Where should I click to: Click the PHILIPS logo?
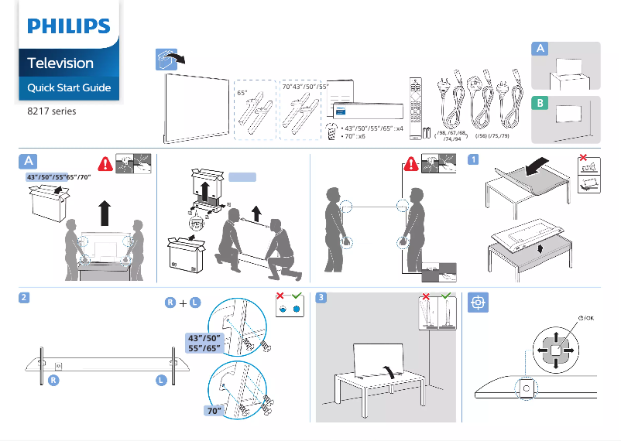click(69, 27)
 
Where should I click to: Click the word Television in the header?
click(60, 63)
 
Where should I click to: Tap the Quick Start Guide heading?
click(69, 87)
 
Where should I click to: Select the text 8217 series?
click(52, 111)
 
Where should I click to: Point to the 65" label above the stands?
click(242, 92)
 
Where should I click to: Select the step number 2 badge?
click(26, 299)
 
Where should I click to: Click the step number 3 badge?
click(322, 299)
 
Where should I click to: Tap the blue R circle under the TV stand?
click(53, 380)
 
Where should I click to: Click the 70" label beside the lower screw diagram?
click(214, 412)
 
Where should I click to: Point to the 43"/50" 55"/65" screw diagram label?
click(206, 344)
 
